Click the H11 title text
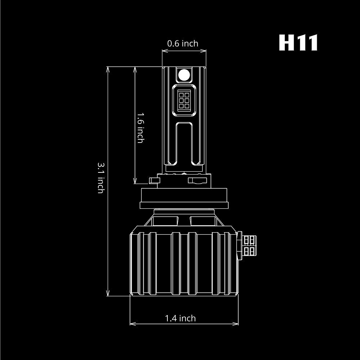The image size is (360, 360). coord(298,43)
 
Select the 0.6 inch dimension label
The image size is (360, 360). coord(183,44)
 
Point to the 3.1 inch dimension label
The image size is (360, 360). coord(101,177)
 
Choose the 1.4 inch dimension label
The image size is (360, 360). coord(180,318)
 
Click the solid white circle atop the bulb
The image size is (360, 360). coord(184,75)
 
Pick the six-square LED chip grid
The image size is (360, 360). coord(184,100)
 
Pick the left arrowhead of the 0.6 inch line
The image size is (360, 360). coord(164,51)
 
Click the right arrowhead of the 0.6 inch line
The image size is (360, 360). coord(204,51)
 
